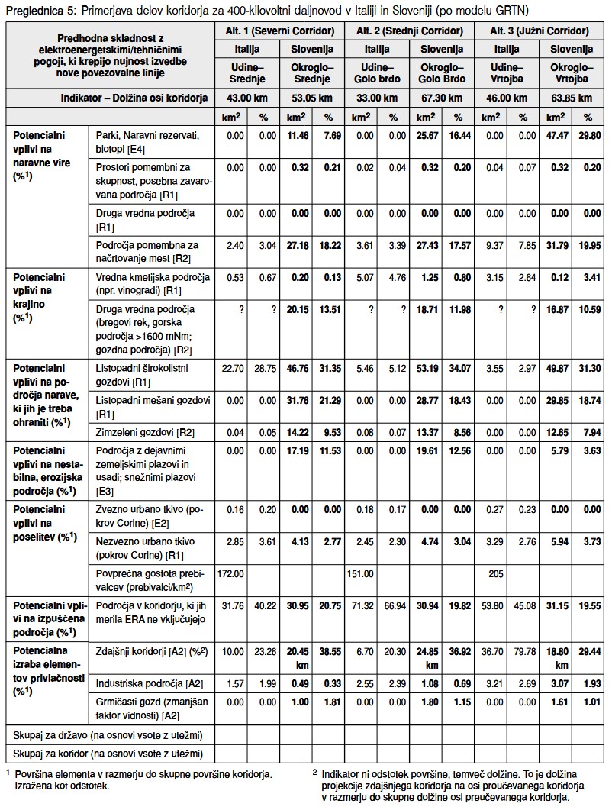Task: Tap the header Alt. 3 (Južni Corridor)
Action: (x=541, y=31)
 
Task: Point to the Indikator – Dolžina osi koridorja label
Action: (x=134, y=98)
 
